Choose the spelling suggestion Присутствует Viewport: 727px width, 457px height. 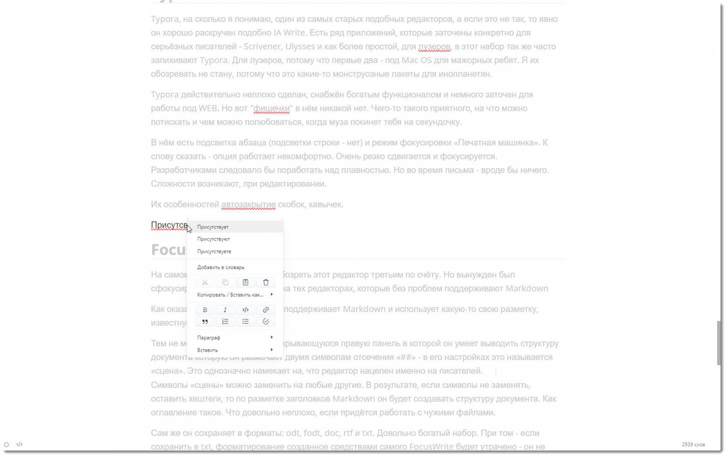pos(213,227)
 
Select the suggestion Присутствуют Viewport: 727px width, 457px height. pos(213,239)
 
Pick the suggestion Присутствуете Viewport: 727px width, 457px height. pos(214,252)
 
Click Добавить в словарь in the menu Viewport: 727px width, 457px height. pos(220,268)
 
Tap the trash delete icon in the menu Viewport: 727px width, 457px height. pos(266,283)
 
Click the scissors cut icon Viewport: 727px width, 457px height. pos(205,283)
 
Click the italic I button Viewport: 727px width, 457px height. pos(225,310)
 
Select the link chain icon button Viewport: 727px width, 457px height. pos(266,310)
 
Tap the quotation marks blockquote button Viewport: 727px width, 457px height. pos(205,322)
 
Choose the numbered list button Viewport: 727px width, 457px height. pos(225,322)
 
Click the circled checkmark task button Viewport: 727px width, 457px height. pos(266,322)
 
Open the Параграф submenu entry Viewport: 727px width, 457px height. pos(209,338)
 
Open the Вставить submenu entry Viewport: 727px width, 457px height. pos(207,350)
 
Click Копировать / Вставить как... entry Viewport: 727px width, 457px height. pos(230,295)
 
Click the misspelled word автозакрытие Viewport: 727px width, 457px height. pos(248,205)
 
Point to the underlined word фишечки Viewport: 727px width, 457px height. pos(272,109)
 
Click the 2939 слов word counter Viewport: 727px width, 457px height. pos(693,445)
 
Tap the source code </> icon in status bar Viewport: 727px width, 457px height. pos(20,445)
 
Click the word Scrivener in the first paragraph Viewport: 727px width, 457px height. pos(262,47)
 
